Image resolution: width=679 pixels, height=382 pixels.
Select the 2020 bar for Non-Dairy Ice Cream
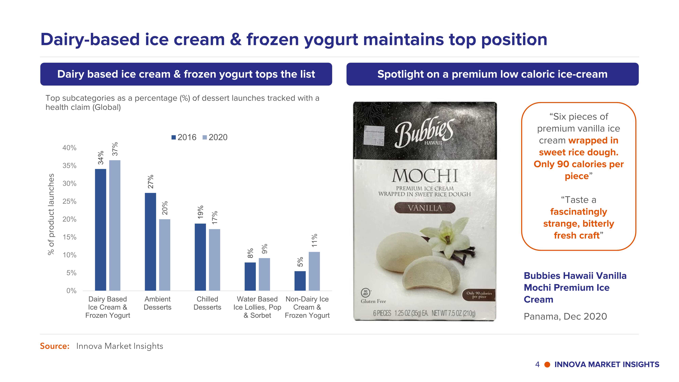click(314, 271)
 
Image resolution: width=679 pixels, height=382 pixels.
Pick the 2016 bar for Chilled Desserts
click(200, 257)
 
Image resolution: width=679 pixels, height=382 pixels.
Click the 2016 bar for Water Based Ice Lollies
click(250, 277)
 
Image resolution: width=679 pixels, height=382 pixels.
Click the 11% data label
click(314, 240)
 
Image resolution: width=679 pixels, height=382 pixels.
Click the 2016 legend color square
click(174, 137)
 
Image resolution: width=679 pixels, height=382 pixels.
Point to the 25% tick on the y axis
click(69, 201)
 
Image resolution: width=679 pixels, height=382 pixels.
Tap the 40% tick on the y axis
click(69, 148)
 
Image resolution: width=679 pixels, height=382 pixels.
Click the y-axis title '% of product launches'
click(51, 214)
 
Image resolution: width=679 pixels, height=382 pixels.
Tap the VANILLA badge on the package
click(425, 208)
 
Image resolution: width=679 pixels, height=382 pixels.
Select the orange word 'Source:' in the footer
click(54, 346)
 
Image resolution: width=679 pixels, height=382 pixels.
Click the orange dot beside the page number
click(547, 365)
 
